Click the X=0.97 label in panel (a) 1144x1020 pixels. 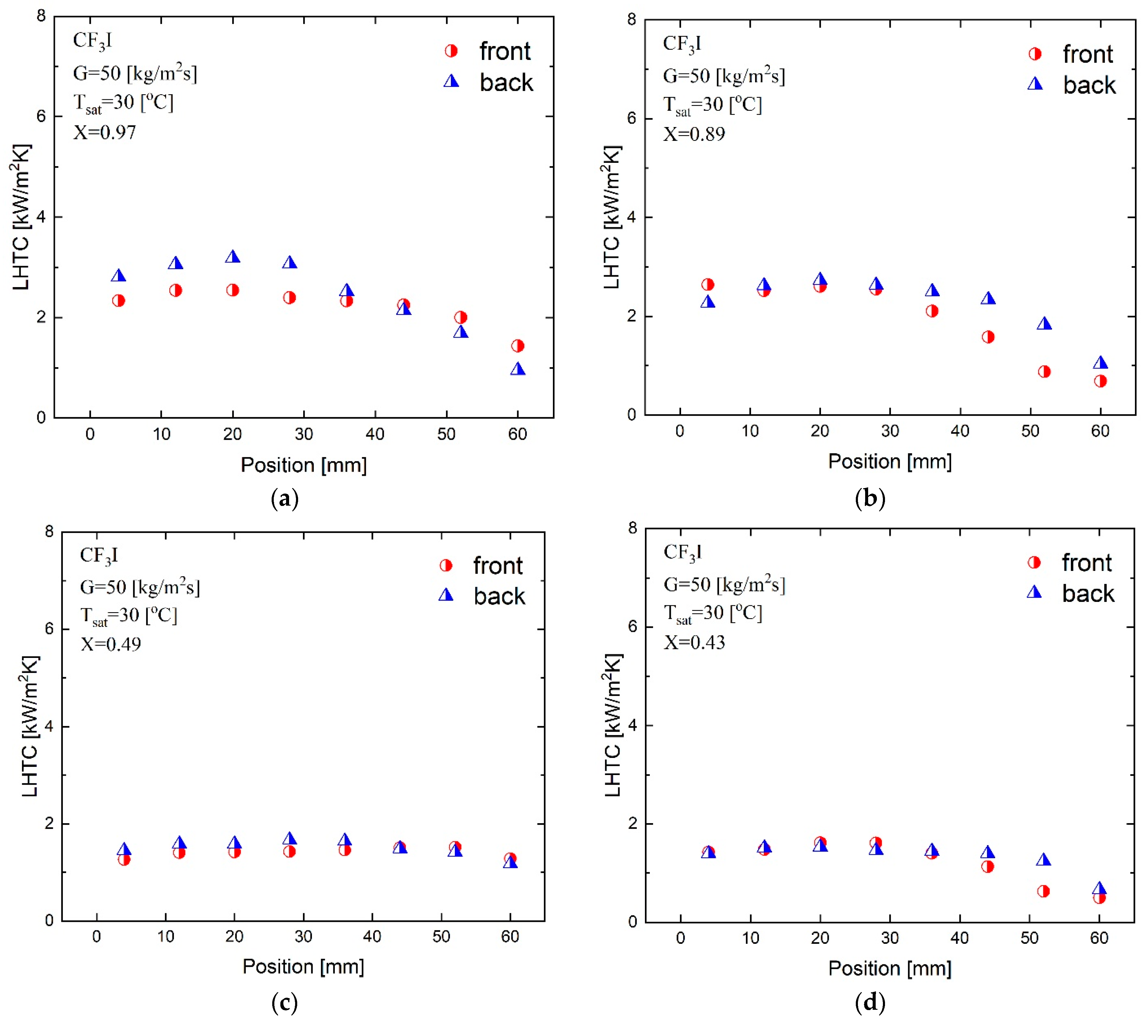tap(105, 132)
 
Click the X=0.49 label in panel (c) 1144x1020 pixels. tap(111, 644)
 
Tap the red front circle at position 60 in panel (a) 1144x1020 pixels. tap(518, 346)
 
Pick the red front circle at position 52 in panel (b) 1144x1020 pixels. tap(1044, 372)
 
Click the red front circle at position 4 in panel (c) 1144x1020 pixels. tap(124, 859)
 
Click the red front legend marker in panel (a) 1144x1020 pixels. tap(451, 51)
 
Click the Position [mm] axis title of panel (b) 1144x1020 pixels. tap(890, 461)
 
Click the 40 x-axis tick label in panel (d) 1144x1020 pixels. tap(960, 938)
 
